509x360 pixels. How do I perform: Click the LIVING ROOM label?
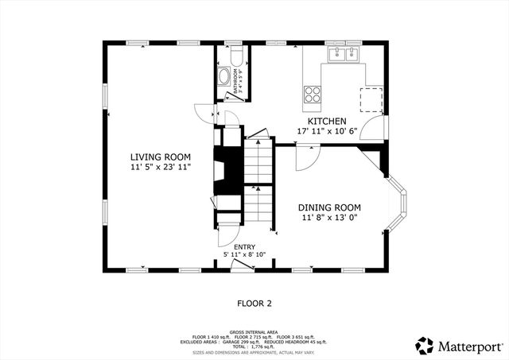(x=160, y=157)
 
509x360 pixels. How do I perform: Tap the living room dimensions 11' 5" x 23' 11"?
(x=160, y=168)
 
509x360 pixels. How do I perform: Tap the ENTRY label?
(x=244, y=246)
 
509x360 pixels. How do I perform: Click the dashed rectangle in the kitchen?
(x=371, y=99)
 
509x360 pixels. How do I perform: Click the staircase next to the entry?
(x=258, y=183)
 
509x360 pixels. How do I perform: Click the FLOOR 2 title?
(x=254, y=303)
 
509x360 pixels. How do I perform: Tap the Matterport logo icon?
(x=425, y=346)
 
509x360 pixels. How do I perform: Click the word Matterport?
(x=469, y=346)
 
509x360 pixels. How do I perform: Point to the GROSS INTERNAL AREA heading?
(x=254, y=331)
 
